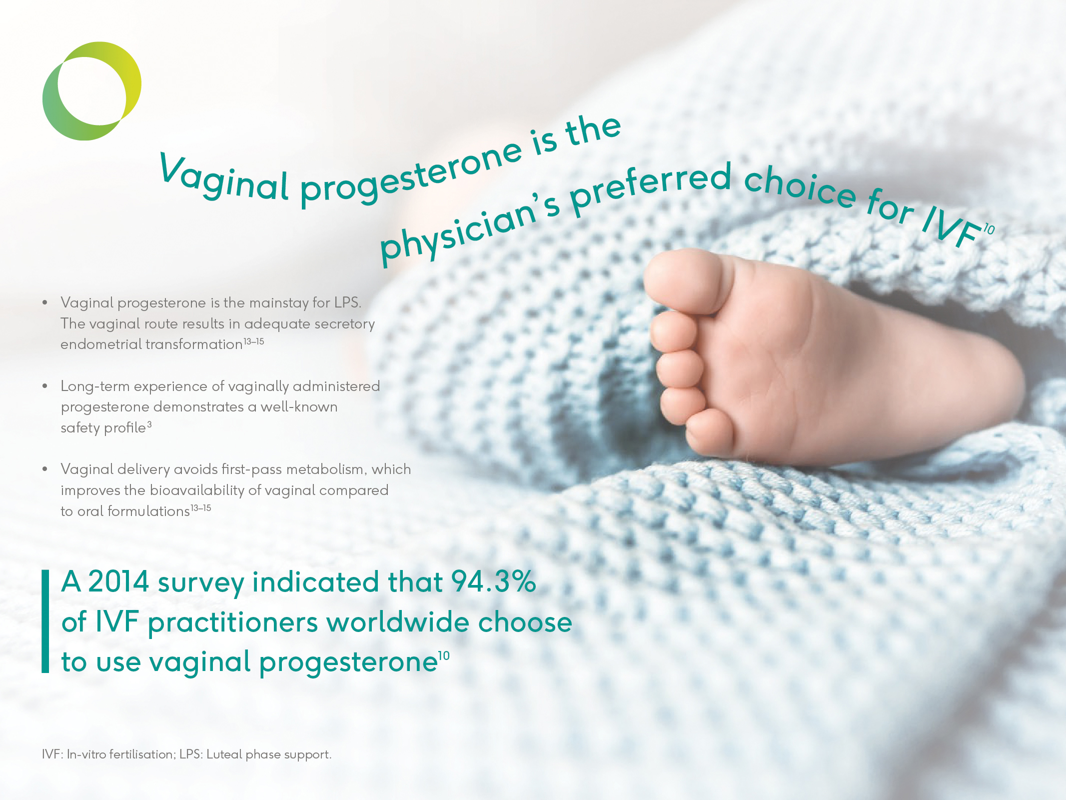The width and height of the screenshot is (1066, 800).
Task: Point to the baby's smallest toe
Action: pyautogui.click(x=710, y=432)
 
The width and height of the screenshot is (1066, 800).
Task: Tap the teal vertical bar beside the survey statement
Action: pyautogui.click(x=45, y=621)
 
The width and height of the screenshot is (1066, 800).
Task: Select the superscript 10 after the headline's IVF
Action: pyautogui.click(x=989, y=229)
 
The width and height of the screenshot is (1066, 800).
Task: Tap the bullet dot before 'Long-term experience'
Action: pyautogui.click(x=45, y=386)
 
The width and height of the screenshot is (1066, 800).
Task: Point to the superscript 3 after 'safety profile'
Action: pyautogui.click(x=149, y=424)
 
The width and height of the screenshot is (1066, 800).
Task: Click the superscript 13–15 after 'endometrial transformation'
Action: pyautogui.click(x=254, y=341)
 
